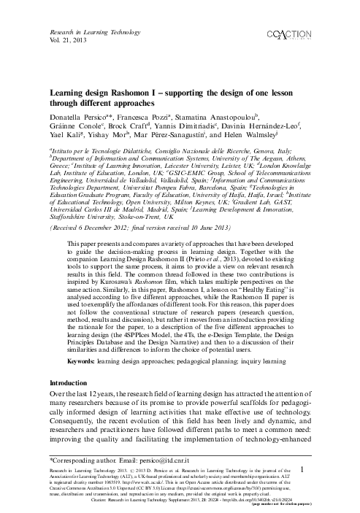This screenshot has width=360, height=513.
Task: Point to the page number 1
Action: (302, 471)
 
